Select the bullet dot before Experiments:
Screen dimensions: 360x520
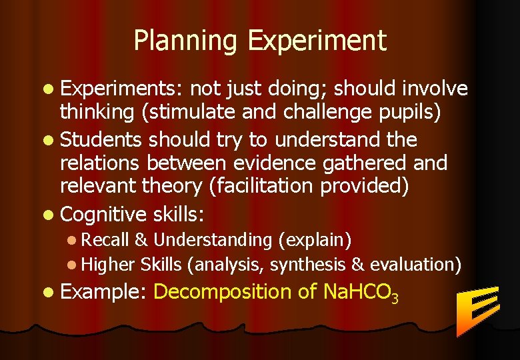tap(49, 89)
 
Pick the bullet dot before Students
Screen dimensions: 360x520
tap(49, 140)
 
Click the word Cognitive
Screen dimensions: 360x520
tap(103, 215)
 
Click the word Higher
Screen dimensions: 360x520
tap(109, 265)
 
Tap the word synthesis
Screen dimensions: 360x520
tap(307, 265)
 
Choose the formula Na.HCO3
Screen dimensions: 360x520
tap(360, 293)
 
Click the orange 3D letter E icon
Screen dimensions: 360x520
tap(476, 310)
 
